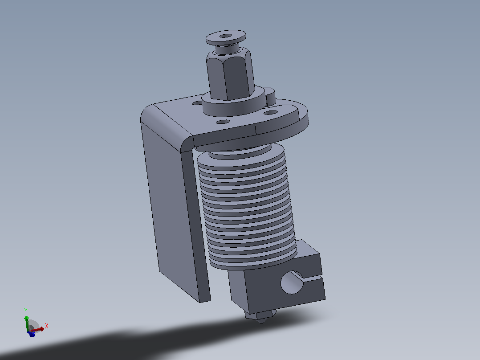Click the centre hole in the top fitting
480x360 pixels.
pyautogui.click(x=226, y=36)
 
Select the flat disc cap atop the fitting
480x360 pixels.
pyautogui.click(x=226, y=38)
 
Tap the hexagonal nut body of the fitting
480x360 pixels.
pyautogui.click(x=230, y=75)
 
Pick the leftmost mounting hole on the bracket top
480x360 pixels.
pyautogui.click(x=197, y=103)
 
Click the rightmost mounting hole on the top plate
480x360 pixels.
pyautogui.click(x=270, y=113)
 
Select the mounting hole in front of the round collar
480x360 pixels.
pyautogui.click(x=223, y=122)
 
